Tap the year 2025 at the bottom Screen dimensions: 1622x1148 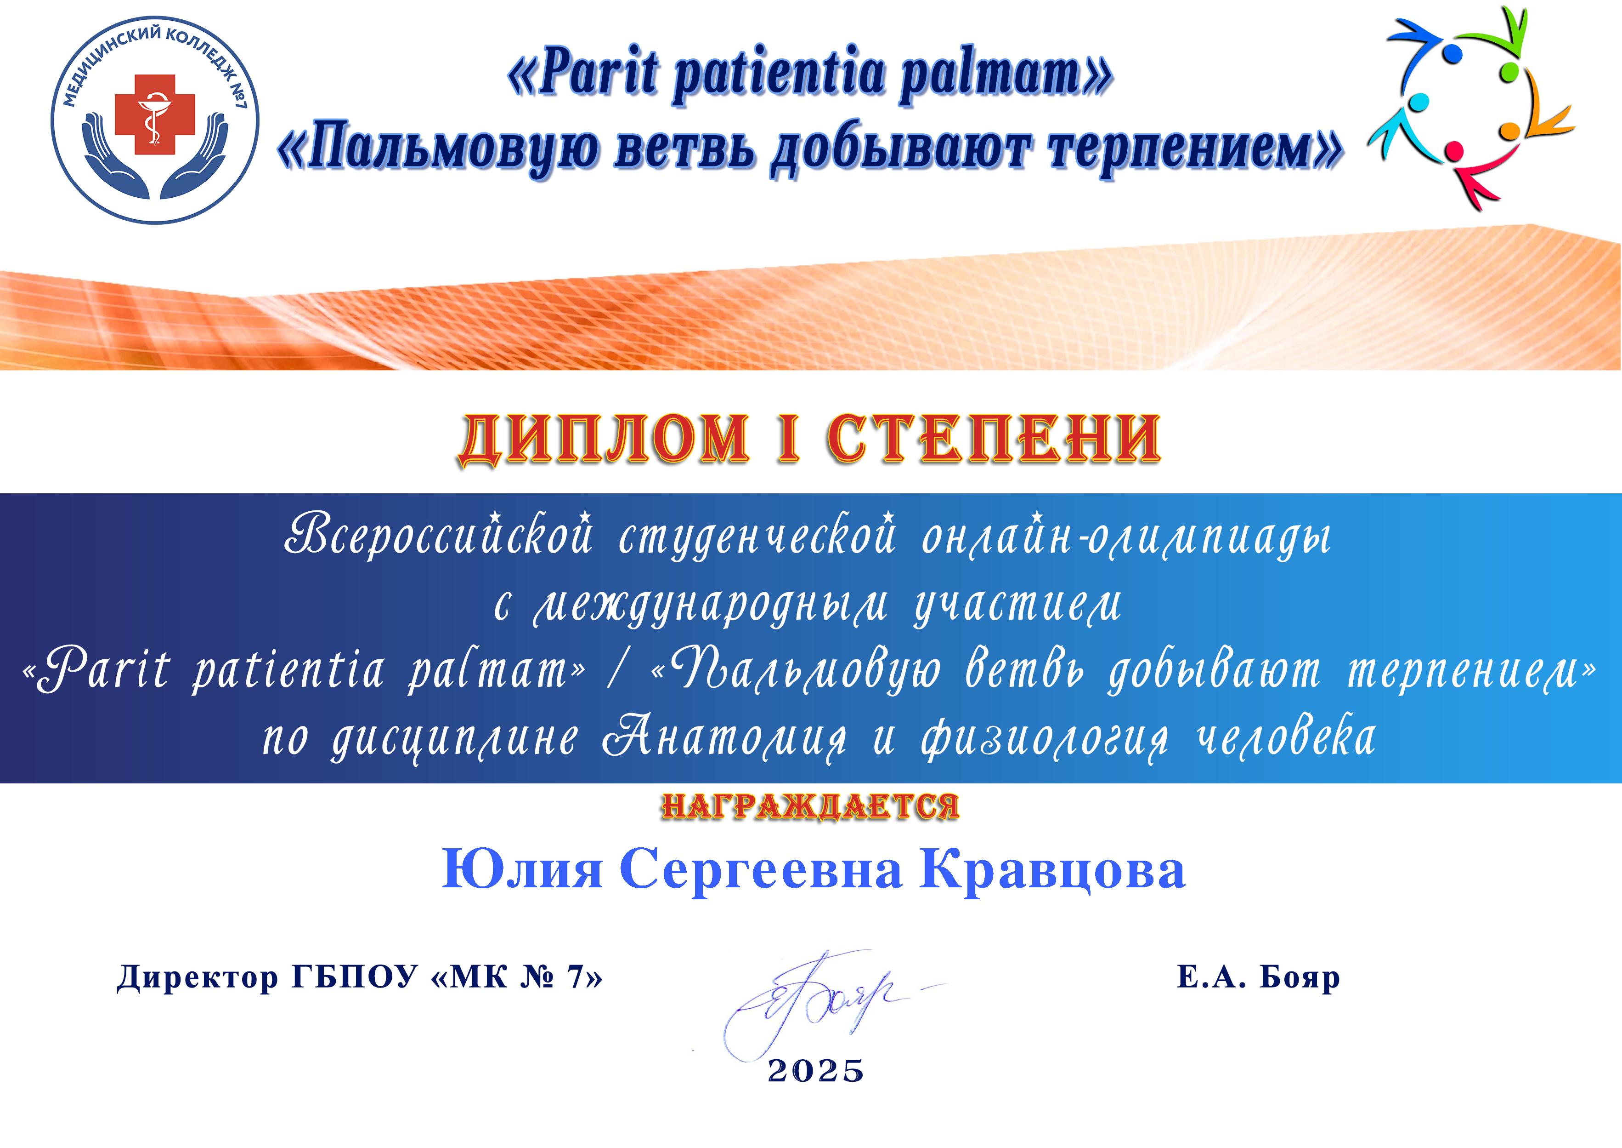(816, 1071)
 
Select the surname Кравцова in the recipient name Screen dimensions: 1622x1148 (1052, 872)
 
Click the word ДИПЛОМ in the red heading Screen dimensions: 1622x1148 (604, 440)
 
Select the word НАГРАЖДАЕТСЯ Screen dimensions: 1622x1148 (810, 806)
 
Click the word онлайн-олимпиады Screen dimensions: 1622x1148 (1127, 536)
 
